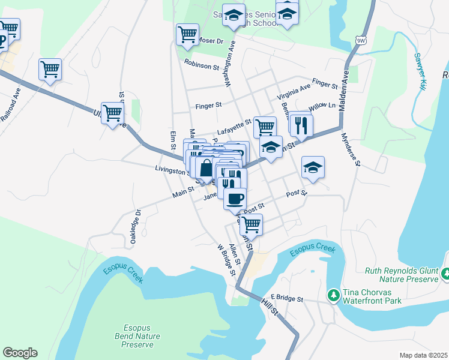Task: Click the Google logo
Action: [20, 353]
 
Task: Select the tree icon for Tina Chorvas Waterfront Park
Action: [333, 295]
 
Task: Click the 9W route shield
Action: [361, 40]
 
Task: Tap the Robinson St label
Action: [202, 64]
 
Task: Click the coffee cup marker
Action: [235, 199]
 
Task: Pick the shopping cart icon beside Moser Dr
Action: [187, 34]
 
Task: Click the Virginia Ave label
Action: [294, 91]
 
